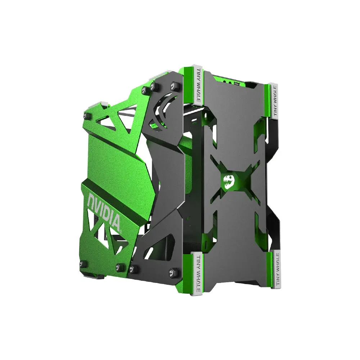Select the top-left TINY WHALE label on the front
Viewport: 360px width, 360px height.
[x=198, y=85]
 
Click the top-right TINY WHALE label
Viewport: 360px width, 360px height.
[x=274, y=100]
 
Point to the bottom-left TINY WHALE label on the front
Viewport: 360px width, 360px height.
[x=198, y=272]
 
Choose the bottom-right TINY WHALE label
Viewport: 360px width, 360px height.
[x=278, y=268]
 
